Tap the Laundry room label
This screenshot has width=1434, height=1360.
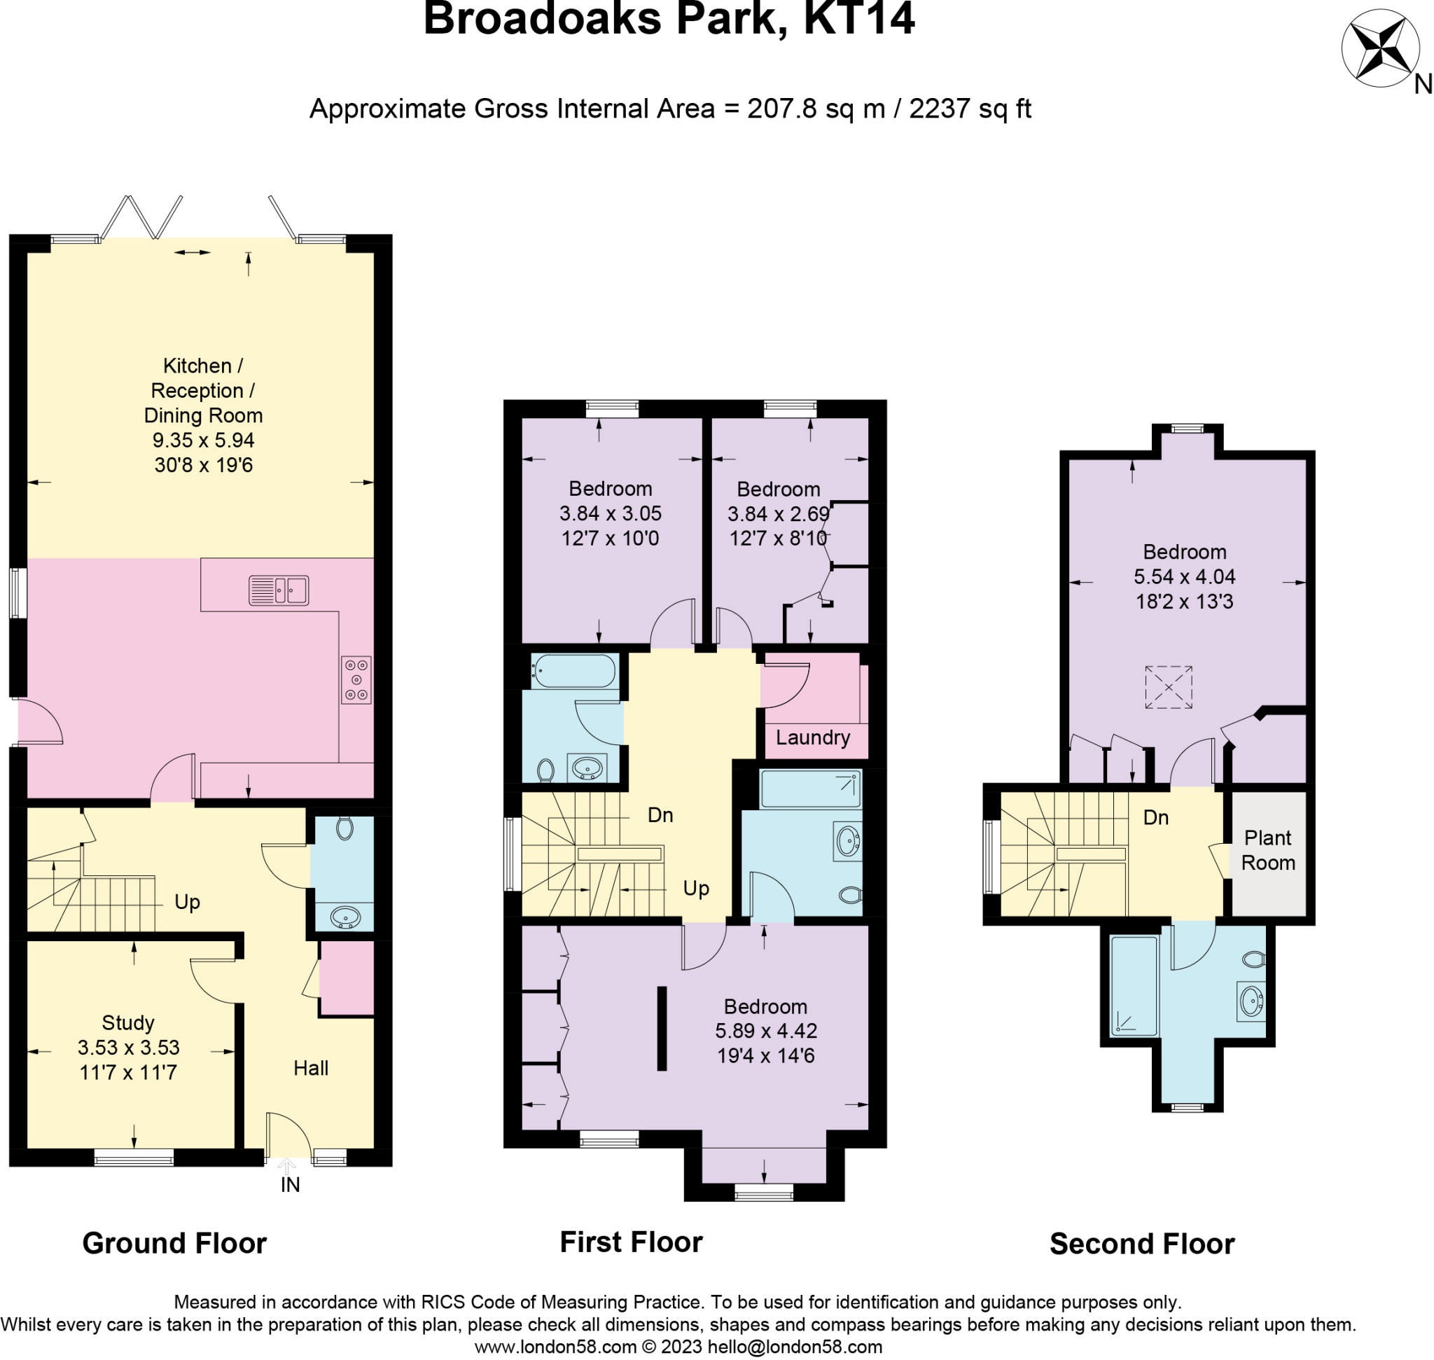coord(813,737)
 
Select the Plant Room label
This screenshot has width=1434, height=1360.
coord(1268,849)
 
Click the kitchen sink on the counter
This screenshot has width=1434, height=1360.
coord(279,590)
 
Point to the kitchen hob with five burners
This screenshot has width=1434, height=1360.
coord(356,679)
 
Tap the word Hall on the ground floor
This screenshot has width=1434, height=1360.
coord(310,1068)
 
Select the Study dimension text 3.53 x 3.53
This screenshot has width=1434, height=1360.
coord(128,1048)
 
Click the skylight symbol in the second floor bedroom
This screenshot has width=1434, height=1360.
coord(1168,686)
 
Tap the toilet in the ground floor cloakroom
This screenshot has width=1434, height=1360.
coord(345,828)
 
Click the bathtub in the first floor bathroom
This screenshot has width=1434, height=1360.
coord(573,671)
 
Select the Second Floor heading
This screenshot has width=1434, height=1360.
coord(1142,1244)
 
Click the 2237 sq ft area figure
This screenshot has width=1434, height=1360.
coord(969,109)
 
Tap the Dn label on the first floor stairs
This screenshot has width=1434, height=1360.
coord(660,815)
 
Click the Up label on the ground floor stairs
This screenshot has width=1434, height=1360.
coord(187,902)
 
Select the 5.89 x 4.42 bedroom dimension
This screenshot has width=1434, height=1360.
coord(765,1031)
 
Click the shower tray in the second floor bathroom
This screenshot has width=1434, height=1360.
coord(1134,987)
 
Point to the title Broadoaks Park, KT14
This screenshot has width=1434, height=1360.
coord(669,19)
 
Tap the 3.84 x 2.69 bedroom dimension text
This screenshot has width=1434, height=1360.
coord(778,514)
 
